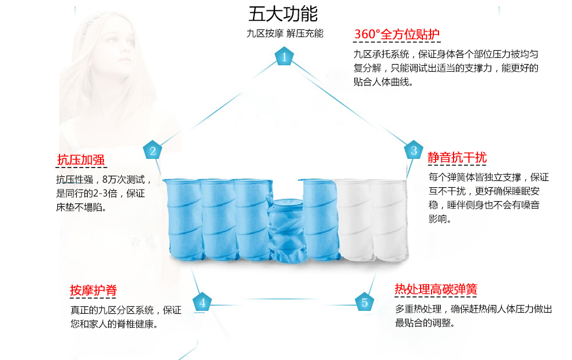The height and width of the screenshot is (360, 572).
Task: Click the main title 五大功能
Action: coord(283,13)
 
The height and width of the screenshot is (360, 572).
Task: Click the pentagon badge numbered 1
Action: coord(284,57)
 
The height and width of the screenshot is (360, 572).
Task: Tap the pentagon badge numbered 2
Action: coord(153,151)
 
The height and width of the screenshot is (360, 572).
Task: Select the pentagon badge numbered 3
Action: coord(414,151)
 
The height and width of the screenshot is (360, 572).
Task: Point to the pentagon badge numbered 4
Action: coord(202,302)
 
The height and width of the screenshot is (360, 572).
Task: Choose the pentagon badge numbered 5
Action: coord(365,302)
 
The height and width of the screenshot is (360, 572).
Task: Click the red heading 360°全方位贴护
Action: coord(397,34)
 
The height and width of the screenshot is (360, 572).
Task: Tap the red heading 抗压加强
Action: coord(80,159)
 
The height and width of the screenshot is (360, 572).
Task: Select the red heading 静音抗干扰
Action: coord(457,157)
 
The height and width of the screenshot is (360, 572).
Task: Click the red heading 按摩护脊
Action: coord(93,290)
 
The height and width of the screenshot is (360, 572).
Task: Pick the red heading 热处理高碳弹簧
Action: coord(436,289)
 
